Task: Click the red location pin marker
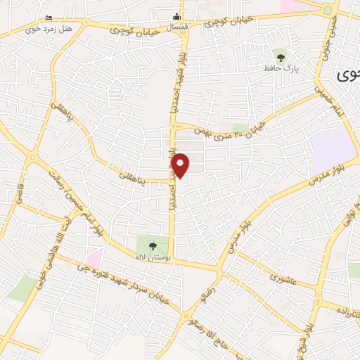pyautogui.click(x=181, y=165)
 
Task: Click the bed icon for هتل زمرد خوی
pyautogui.click(x=48, y=18)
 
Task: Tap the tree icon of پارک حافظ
pyautogui.click(x=281, y=56)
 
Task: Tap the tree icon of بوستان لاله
pyautogui.click(x=153, y=245)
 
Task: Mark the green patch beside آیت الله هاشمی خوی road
pyautogui.click(x=23, y=287)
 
